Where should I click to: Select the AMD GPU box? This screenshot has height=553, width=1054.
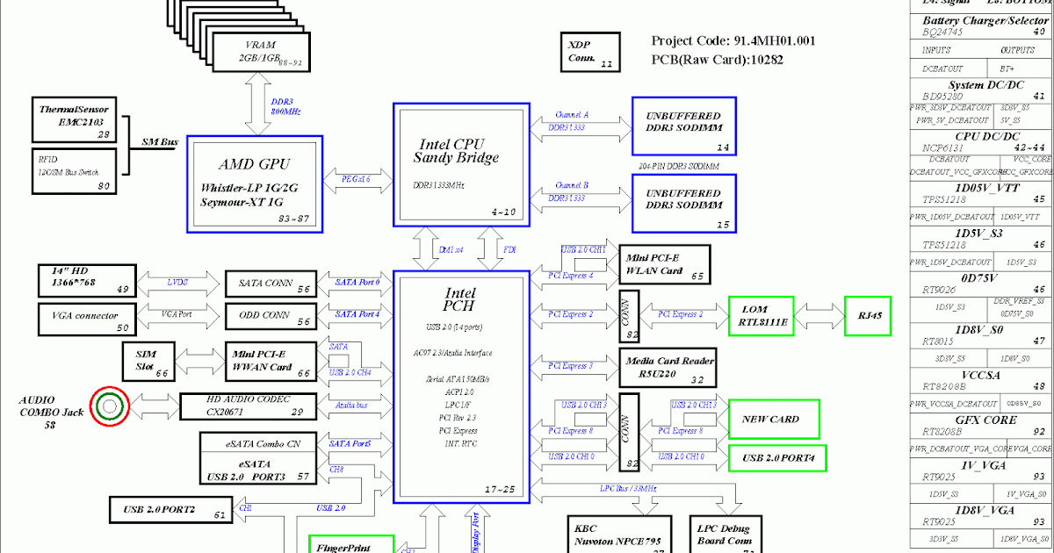pos(255,183)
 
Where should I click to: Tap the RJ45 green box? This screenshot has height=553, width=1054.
pos(867,315)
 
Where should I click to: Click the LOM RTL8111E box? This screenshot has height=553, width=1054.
pos(761,316)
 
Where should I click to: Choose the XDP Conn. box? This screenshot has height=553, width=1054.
pos(589,52)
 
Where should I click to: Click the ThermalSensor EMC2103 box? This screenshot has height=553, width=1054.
pos(76,120)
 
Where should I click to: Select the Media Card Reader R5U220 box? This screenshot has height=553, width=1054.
pos(668,369)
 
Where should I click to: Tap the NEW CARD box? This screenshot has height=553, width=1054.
pos(773,420)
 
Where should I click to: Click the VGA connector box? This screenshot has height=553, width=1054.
pos(85,317)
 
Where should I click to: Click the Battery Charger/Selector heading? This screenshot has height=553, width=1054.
pos(985,20)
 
